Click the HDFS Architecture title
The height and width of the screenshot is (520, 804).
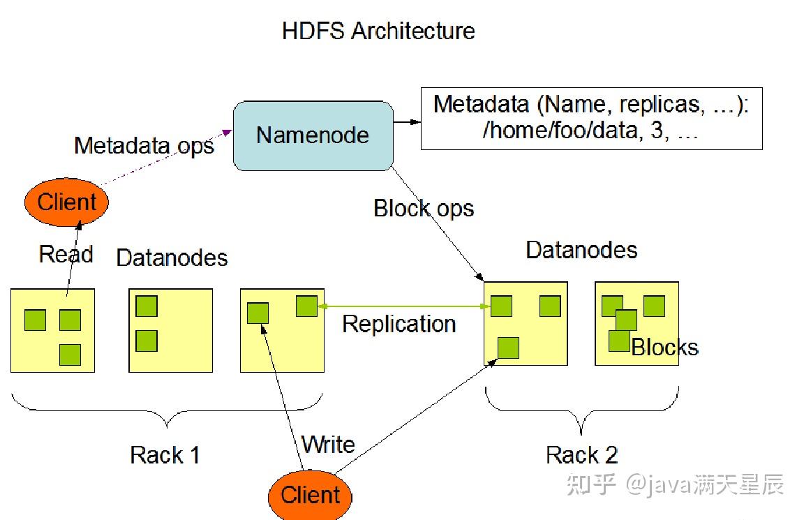[x=378, y=31]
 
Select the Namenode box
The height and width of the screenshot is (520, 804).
[x=313, y=136]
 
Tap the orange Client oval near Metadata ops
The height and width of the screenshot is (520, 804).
[x=67, y=202]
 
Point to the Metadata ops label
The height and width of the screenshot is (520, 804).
[x=144, y=146]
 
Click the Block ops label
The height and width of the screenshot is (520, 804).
[x=424, y=209]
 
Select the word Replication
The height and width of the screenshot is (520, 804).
[x=399, y=324]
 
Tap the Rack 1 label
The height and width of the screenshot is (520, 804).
[x=165, y=455]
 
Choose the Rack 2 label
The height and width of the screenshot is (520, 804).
[x=581, y=455]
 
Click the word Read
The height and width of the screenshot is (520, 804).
[x=66, y=254]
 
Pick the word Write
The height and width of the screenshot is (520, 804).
[x=328, y=444]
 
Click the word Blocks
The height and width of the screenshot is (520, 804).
[x=664, y=347]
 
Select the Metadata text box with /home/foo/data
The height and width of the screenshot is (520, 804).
[x=592, y=119]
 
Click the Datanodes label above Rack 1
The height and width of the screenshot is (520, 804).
[x=172, y=258]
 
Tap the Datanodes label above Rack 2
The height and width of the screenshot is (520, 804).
[x=581, y=250]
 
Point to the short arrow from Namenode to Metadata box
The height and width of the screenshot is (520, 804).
[x=407, y=122]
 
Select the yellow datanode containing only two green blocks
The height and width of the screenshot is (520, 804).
[x=171, y=330]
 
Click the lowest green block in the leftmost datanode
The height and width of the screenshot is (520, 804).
[x=70, y=355]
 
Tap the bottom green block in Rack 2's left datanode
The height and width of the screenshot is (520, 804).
[x=508, y=348]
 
